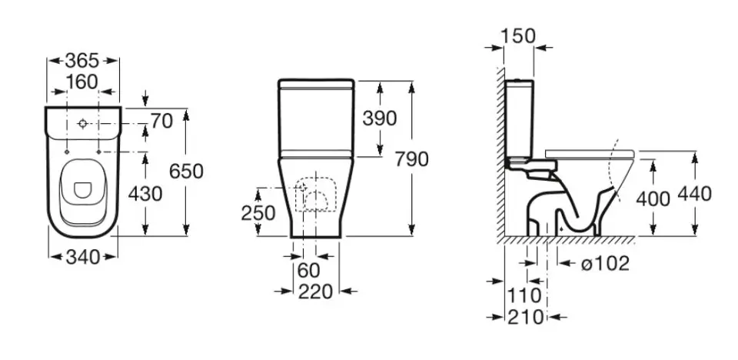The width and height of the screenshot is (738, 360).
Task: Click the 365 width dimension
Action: coord(82,61)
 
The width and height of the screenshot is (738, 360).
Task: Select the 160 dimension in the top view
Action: coord(82,82)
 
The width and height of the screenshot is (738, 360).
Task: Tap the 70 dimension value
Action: coord(162,122)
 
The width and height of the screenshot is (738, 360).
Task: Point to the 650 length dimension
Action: coord(186,171)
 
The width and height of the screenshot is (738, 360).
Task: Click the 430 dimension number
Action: coord(145,194)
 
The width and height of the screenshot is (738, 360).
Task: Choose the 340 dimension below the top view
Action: coord(83,257)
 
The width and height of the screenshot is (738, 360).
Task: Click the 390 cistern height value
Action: coord(379,118)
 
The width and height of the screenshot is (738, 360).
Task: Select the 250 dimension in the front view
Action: coord(258,213)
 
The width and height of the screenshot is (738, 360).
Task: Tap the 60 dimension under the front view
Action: coord(309,271)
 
